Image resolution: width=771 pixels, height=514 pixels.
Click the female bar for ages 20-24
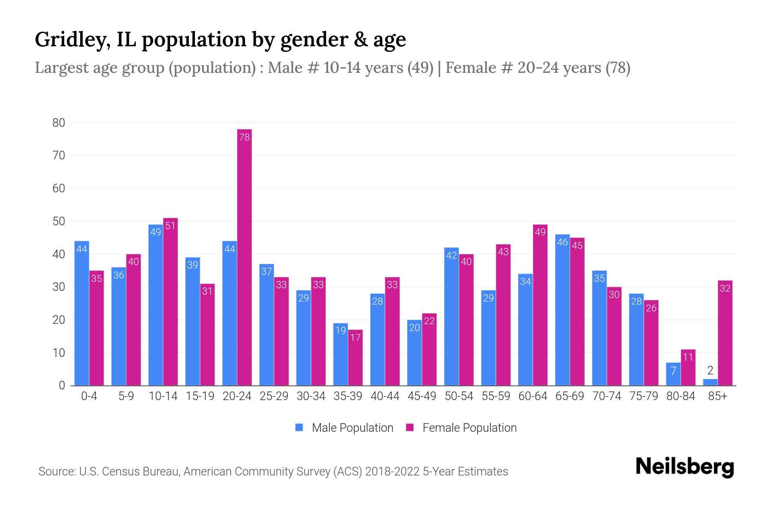244,257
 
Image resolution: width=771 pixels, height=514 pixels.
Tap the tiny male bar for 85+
710,382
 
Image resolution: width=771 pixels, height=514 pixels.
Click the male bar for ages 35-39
341,354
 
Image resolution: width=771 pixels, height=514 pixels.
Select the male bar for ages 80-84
673,374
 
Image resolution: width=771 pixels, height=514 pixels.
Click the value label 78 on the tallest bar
244,137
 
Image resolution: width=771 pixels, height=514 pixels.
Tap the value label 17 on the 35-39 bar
355,338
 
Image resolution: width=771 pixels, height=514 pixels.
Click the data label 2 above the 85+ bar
710,371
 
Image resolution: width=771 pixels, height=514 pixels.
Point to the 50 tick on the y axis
59,221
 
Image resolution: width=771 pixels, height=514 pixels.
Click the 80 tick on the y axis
59,123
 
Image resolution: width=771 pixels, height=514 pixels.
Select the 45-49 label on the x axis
421,396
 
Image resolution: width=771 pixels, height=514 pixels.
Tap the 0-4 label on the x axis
89,396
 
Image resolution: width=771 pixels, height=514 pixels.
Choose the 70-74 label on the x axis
607,396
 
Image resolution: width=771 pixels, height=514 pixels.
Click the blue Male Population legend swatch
299,427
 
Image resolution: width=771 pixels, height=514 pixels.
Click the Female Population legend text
469,427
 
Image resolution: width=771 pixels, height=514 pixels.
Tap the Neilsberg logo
684,467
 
